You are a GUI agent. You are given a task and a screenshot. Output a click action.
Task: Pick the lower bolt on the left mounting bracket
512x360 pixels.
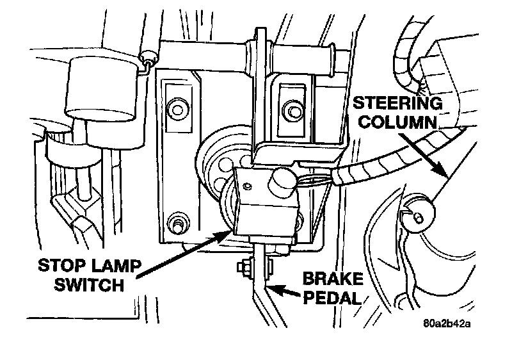coord(175,224)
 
